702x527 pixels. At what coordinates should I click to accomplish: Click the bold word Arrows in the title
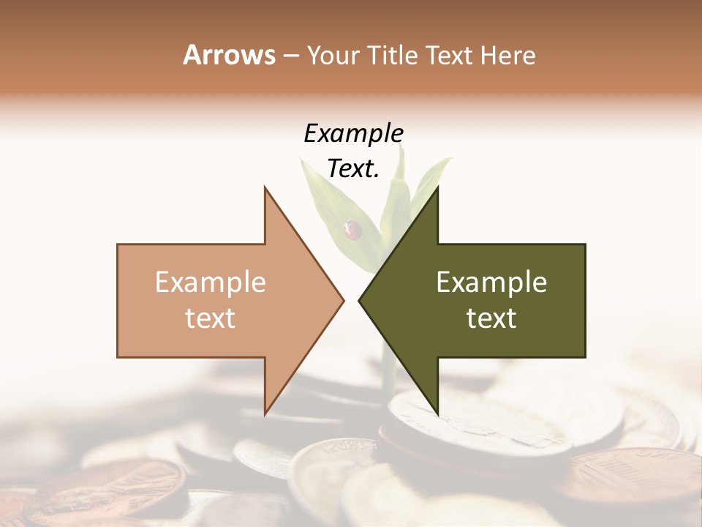pos(229,55)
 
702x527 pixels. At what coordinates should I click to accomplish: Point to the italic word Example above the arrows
pos(353,134)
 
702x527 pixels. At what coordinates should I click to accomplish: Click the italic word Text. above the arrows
pos(353,169)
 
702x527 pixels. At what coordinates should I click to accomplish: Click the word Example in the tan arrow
pos(211,282)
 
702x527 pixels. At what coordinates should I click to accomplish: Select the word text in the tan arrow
pos(211,318)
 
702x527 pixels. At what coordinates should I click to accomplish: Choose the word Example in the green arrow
pos(491,282)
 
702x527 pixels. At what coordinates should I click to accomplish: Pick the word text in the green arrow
pos(491,318)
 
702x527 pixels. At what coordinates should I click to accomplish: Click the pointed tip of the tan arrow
pos(342,300)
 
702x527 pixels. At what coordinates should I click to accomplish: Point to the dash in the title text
pos(290,56)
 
